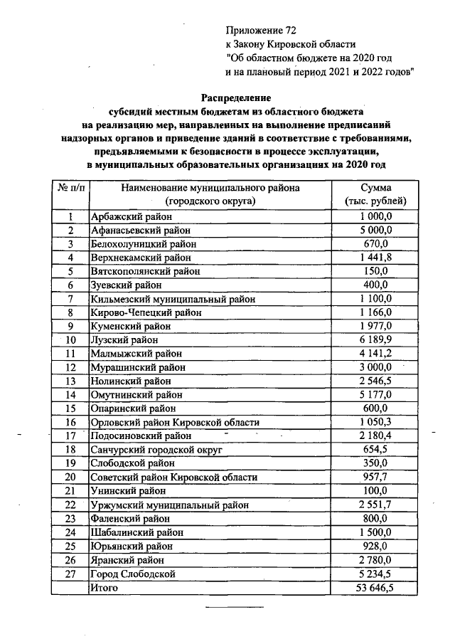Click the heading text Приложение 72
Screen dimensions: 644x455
coord(259,31)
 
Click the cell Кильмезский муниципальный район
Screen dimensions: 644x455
coord(172,299)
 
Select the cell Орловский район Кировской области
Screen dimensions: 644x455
coord(174,422)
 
